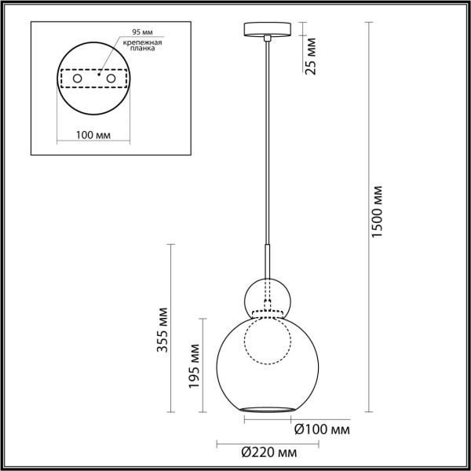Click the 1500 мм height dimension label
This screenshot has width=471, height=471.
[378, 213]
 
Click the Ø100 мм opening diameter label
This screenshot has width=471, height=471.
[321, 429]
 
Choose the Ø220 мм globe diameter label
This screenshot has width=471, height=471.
[269, 454]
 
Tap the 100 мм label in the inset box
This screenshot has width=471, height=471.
[92, 135]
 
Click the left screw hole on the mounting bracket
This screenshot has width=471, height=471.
[76, 79]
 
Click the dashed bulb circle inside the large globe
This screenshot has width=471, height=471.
[268, 344]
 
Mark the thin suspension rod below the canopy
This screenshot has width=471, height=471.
[268, 141]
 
